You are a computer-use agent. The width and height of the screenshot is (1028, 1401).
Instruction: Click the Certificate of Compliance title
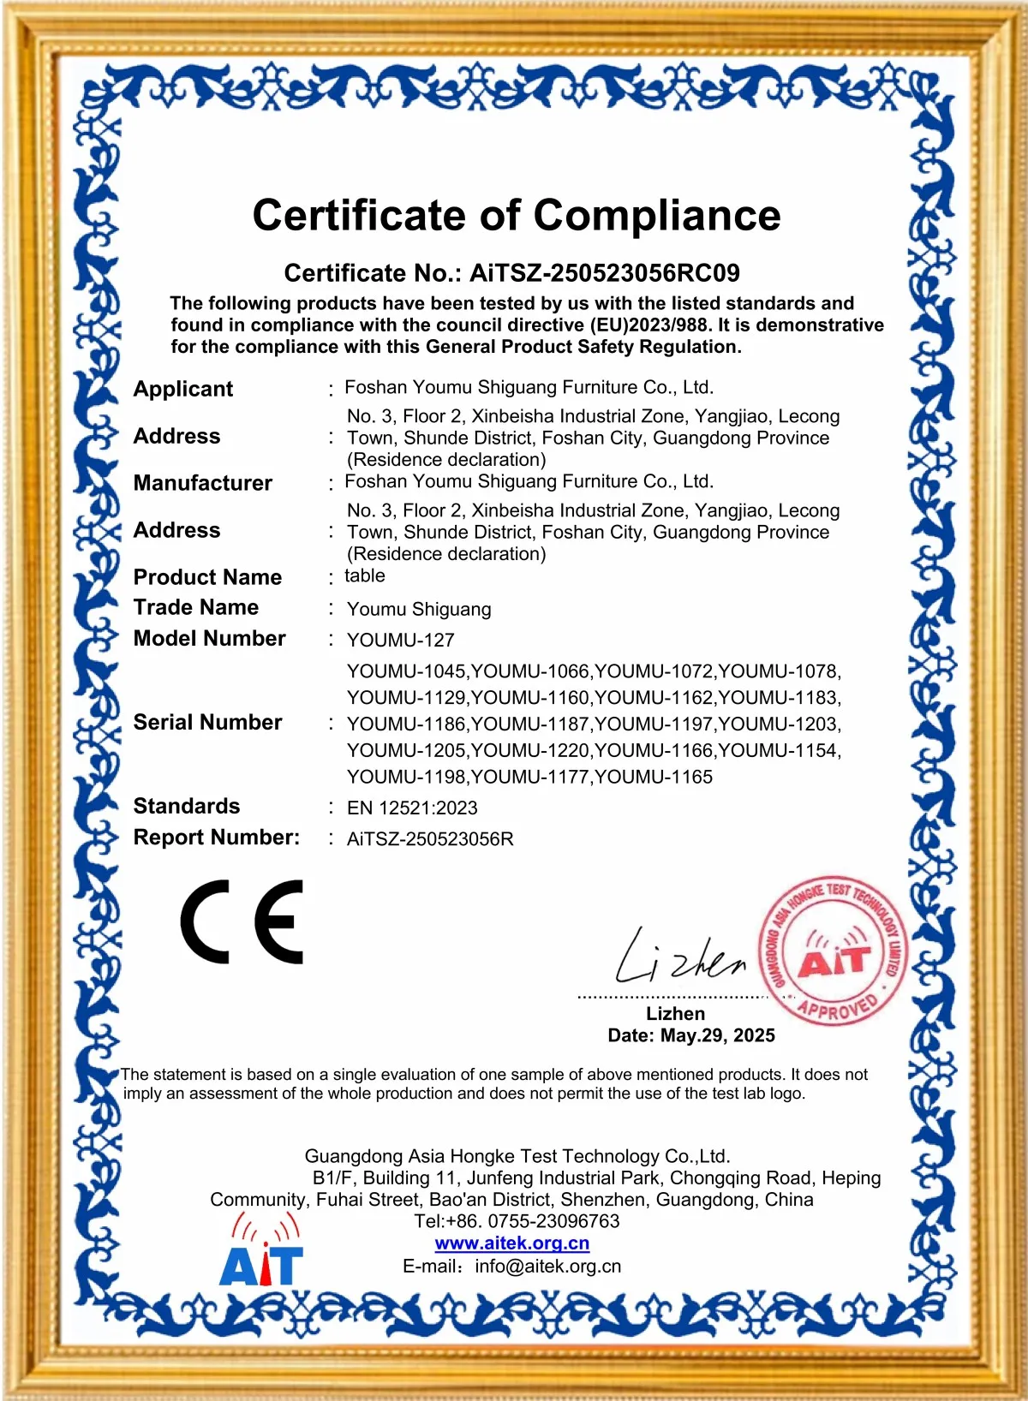click(516, 215)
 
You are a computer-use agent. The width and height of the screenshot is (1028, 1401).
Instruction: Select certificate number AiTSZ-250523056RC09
click(604, 273)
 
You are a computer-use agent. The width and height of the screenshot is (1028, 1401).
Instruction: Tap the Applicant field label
click(182, 389)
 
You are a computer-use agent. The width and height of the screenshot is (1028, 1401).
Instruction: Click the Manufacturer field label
click(202, 483)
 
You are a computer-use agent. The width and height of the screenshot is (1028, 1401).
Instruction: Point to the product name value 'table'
click(365, 575)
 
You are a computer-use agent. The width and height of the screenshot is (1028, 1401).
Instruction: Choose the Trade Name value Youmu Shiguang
click(419, 609)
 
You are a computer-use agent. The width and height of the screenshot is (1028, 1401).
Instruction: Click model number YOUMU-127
click(400, 640)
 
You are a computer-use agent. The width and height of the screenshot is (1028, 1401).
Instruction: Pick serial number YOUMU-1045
click(407, 671)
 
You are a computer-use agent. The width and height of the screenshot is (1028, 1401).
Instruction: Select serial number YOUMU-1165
click(654, 777)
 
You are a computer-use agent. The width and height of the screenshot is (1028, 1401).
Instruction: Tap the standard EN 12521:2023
click(412, 808)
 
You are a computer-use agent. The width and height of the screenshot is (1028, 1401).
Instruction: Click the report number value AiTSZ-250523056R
click(430, 838)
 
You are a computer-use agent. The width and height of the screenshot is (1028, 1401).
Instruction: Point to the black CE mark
click(242, 921)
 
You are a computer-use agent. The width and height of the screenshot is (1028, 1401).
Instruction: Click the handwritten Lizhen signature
click(681, 957)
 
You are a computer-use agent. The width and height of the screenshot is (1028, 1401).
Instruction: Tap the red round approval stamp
click(834, 951)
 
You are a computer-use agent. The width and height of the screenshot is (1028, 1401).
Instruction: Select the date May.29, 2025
click(717, 1035)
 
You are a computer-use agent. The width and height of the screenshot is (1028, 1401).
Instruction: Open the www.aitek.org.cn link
click(512, 1243)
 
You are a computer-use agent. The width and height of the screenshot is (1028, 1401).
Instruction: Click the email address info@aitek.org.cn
click(548, 1266)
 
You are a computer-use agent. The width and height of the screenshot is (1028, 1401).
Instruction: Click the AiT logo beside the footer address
click(262, 1251)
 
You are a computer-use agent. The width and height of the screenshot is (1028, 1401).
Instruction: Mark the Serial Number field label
click(207, 722)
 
